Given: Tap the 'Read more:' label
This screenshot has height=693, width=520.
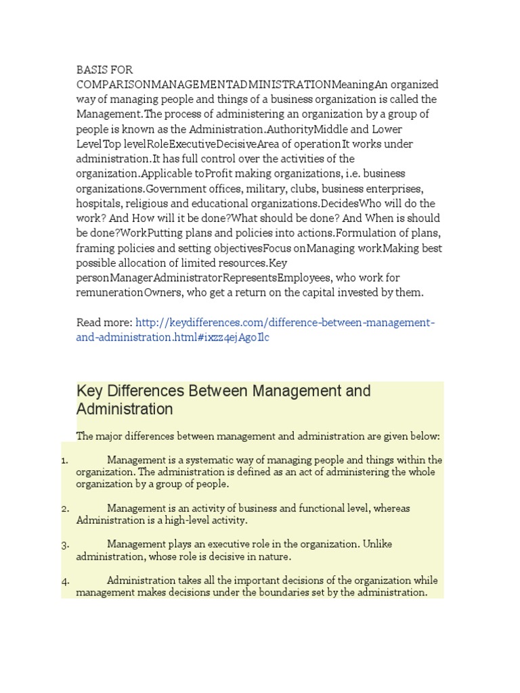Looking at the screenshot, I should pos(104,323).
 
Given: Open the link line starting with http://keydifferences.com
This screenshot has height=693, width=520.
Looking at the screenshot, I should pos(285,323).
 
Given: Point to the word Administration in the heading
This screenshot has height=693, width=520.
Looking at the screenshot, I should pos(125,409).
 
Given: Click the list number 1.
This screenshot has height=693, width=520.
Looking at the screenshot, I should pos(64,460).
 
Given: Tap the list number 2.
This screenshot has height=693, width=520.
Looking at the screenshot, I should pos(64,509).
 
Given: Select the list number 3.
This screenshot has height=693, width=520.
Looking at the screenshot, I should pos(64,545).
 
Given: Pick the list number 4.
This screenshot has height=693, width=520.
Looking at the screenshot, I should pos(64,581).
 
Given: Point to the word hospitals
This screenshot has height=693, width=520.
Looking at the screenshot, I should pos(99,204).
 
